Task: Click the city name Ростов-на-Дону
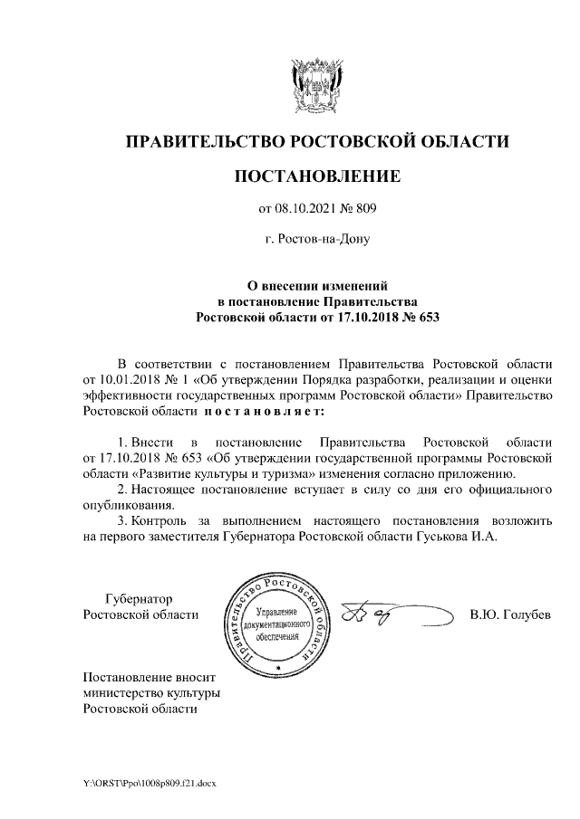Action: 316,240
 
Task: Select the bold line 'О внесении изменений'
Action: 316,286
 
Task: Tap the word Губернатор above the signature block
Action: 139,599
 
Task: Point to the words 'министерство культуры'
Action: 151,693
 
